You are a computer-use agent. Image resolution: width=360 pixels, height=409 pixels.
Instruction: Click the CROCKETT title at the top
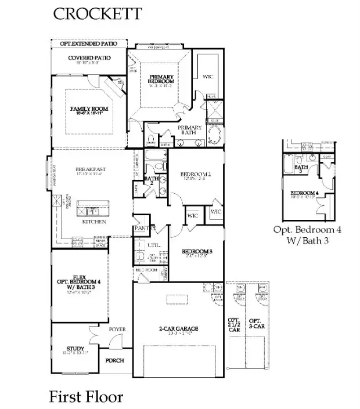pos(97,14)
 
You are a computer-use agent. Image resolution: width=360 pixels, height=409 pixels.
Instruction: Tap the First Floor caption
pos(86,397)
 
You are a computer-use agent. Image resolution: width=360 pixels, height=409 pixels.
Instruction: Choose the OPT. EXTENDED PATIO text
pos(89,44)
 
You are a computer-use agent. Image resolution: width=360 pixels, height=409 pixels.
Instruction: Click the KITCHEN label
pos(93,221)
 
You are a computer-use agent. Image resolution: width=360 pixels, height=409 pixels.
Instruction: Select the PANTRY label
pos(143,229)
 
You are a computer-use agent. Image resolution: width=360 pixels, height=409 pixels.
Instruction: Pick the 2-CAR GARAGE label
pos(179,329)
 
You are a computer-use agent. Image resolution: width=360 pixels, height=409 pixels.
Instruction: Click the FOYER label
pos(117,329)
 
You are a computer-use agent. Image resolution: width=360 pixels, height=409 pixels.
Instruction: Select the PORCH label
pos(114,360)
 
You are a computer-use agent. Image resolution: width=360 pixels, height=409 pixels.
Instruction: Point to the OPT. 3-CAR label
pos(254,323)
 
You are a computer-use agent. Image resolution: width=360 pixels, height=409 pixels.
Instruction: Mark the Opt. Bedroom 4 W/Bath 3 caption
pos(307,234)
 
